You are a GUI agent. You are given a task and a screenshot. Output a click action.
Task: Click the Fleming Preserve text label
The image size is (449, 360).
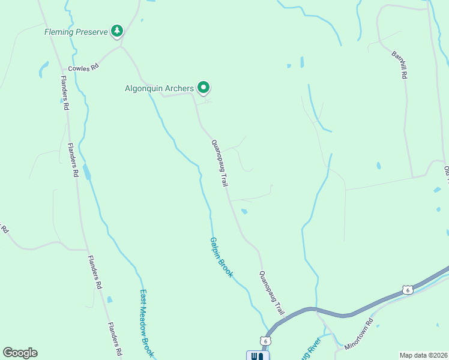click(76, 32)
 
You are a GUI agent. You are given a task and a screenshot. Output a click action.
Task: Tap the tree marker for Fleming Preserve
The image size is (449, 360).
click(117, 31)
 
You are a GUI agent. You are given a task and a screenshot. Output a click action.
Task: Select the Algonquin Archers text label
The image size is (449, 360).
click(159, 88)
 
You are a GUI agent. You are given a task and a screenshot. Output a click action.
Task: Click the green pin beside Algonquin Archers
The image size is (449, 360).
click(203, 88)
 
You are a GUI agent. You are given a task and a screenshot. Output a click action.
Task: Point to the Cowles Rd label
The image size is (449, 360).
click(82, 68)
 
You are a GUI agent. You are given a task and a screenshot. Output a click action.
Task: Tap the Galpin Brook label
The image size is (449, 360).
click(221, 257)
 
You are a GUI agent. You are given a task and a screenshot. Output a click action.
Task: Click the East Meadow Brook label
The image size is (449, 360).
click(147, 324)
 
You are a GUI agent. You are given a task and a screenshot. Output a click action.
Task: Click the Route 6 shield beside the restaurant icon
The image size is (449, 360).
click(265, 340)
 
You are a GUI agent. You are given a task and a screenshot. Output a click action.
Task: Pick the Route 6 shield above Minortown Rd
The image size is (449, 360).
click(408, 290)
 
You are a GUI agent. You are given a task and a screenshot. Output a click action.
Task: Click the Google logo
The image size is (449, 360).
click(20, 353)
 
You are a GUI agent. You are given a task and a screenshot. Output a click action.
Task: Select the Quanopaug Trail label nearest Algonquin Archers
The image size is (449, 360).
click(220, 163)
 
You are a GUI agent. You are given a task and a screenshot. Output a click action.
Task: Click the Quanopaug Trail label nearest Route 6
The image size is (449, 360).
click(271, 293)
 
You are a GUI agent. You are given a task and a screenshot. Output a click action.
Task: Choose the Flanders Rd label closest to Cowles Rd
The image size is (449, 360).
click(65, 91)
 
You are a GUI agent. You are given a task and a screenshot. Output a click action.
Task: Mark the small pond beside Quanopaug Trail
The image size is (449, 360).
click(244, 211)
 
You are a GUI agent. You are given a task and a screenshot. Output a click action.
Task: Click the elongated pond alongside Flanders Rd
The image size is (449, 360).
click(88, 173)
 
